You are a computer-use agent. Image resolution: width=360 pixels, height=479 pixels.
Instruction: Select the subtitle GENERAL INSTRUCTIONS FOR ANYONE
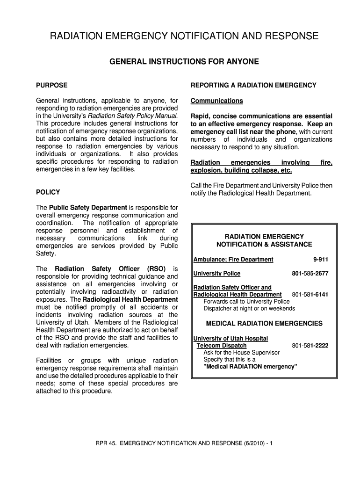pyautogui.click(x=184, y=62)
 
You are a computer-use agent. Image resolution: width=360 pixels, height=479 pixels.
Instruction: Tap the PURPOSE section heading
pyautogui.click(x=51, y=85)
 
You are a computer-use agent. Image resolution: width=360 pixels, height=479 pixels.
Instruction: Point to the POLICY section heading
pyautogui.click(x=48, y=192)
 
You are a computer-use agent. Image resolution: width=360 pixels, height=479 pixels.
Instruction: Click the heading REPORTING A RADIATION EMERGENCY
pyautogui.click(x=253, y=85)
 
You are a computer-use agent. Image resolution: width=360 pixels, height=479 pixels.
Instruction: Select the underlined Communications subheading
pyautogui.click(x=216, y=101)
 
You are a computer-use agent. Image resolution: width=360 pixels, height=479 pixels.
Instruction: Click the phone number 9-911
pyautogui.click(x=321, y=260)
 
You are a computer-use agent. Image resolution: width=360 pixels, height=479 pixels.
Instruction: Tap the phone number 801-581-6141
pyautogui.click(x=310, y=294)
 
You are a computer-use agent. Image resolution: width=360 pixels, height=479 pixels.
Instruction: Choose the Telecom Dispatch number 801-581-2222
pyautogui.click(x=310, y=346)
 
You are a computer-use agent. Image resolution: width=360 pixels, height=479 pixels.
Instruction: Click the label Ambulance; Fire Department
pyautogui.click(x=233, y=260)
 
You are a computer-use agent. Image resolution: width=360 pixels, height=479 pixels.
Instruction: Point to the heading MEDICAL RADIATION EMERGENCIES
pyautogui.click(x=264, y=324)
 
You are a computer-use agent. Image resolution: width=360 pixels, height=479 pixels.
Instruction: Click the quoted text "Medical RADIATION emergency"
pyautogui.click(x=251, y=367)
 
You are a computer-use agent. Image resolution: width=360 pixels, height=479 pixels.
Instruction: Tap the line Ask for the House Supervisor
pyautogui.click(x=241, y=353)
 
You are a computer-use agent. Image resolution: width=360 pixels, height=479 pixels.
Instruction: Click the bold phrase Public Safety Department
pyautogui.click(x=88, y=207)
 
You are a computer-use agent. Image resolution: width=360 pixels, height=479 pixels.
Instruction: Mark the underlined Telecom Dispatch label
pyautogui.click(x=222, y=346)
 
